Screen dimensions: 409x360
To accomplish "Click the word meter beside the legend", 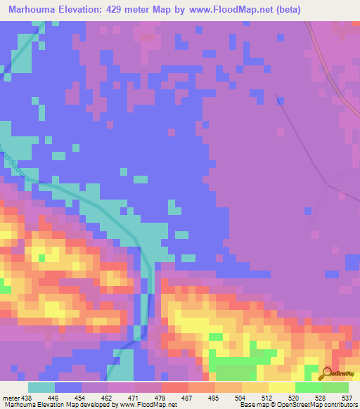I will (x=11, y=397).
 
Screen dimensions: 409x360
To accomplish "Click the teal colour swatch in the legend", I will (x=41, y=387).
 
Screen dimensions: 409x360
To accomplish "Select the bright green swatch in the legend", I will (x=309, y=387).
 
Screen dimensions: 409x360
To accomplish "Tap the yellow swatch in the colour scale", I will (x=282, y=387).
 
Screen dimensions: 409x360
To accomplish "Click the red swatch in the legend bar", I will (x=175, y=387).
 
